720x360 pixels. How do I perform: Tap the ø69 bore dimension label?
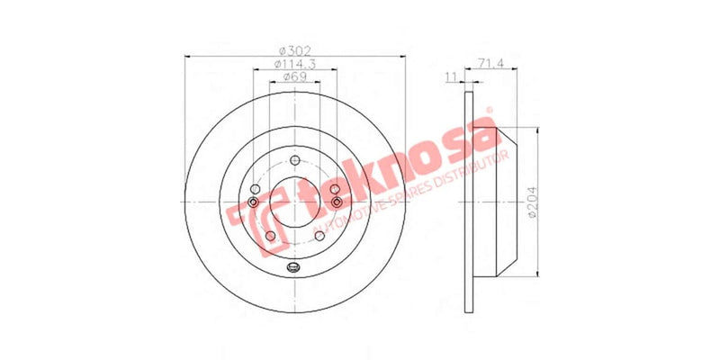point(293,78)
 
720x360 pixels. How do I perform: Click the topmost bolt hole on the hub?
point(294,160)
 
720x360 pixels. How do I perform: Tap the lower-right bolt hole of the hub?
point(319,236)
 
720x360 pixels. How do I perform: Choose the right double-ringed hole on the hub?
point(337,202)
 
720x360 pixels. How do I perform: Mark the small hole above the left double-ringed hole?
point(256,188)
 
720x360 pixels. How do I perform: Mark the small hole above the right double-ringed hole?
point(334,188)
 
